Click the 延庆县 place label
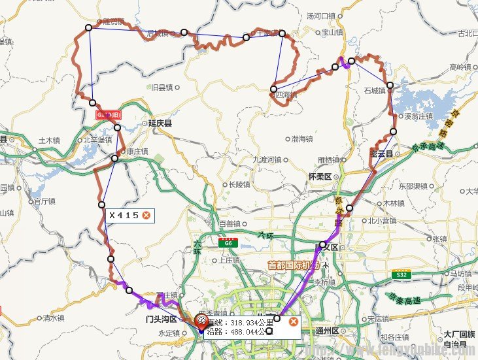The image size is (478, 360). (x=160, y=122)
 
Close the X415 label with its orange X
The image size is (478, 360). (x=146, y=215)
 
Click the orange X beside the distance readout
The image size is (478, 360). (x=294, y=321)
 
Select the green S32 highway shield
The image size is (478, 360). (x=401, y=275)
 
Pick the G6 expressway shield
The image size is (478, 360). (x=228, y=243)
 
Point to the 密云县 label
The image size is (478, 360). (x=381, y=154)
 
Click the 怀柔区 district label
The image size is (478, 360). (x=320, y=176)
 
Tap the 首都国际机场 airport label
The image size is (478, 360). (x=294, y=265)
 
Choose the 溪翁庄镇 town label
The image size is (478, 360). (x=418, y=116)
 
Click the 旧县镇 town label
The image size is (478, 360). (x=161, y=87)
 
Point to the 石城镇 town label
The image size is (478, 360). (x=375, y=90)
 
